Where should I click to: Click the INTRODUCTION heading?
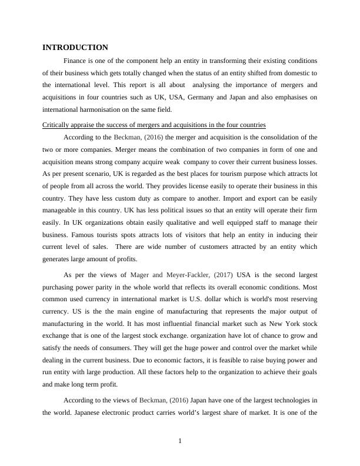click(75, 47)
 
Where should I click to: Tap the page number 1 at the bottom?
click(180, 443)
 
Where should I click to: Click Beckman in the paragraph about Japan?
click(156, 400)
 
